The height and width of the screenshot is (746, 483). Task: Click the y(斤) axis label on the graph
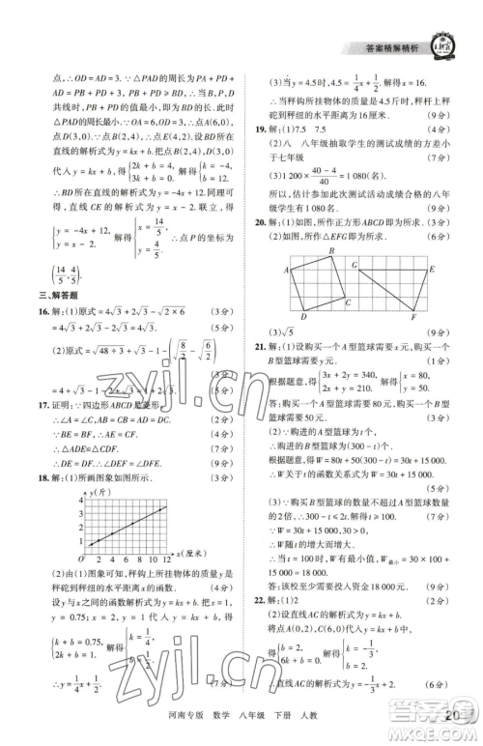98,494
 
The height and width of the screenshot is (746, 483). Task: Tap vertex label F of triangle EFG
413,317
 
